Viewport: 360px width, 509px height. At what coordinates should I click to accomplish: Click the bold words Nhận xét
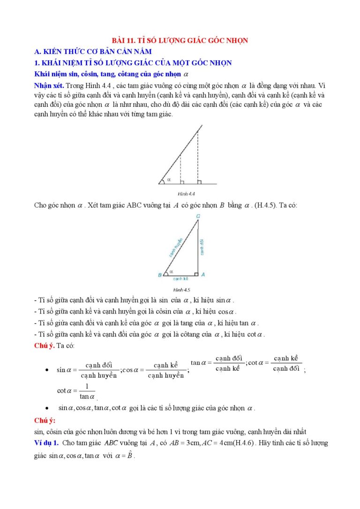[50, 86]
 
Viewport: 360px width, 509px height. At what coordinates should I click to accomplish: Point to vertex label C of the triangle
[198, 216]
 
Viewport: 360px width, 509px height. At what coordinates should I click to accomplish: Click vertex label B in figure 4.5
[160, 275]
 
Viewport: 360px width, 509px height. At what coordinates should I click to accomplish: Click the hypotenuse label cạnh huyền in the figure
[175, 249]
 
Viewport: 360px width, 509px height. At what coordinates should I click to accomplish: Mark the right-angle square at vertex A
[196, 274]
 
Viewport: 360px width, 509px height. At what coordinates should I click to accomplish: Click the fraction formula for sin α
[87, 370]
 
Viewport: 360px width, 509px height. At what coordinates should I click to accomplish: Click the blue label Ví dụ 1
[46, 443]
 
